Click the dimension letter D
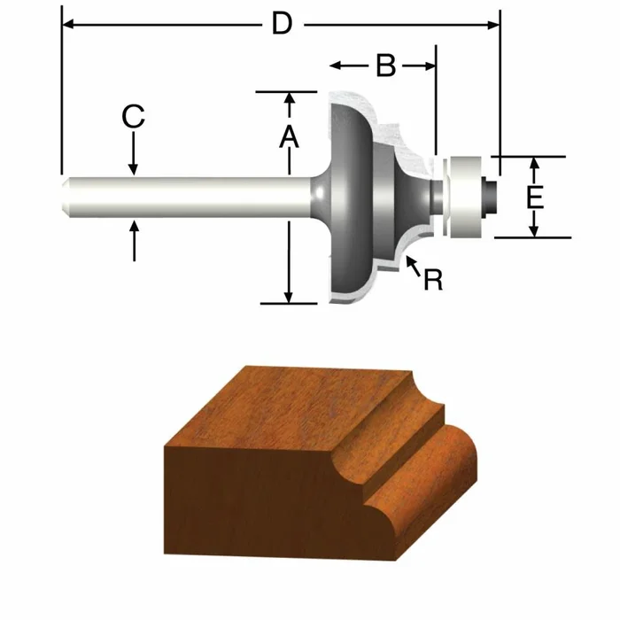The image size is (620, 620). coord(282,24)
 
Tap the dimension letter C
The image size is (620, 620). coord(133,116)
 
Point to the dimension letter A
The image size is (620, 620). coord(288,136)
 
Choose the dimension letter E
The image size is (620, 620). coord(534,197)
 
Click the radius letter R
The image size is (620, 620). coord(432,280)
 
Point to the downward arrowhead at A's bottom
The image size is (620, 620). coord(288,297)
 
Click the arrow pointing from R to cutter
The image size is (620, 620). coord(410,262)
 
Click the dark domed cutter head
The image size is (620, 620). coord(350,197)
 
